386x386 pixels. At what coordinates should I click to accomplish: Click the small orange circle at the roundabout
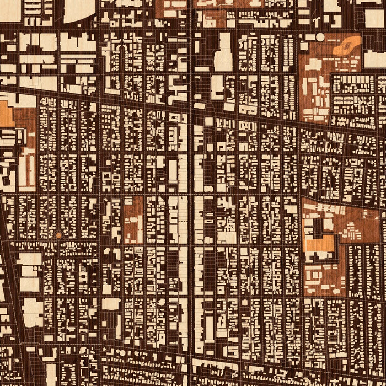click(58, 235)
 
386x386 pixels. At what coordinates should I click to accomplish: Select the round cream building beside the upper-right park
click(320, 37)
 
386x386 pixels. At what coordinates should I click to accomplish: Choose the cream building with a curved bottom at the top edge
click(79, 11)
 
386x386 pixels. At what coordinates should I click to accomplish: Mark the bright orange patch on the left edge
click(5, 114)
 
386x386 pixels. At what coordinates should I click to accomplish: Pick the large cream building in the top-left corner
click(10, 10)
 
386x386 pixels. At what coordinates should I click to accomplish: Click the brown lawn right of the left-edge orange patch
click(25, 124)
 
